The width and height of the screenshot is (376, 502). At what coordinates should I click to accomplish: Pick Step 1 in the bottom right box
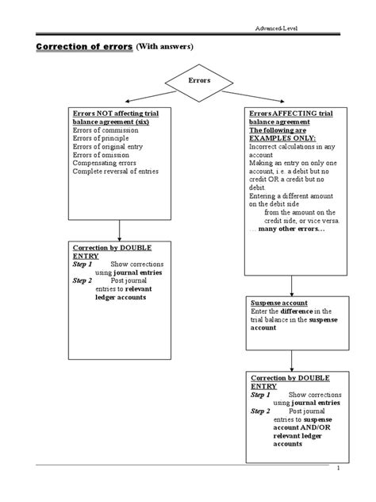click(261, 394)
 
